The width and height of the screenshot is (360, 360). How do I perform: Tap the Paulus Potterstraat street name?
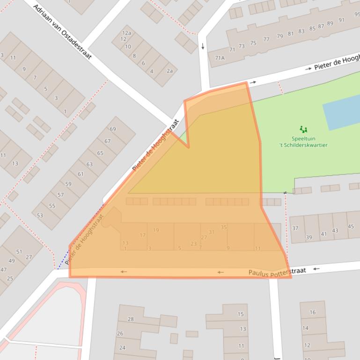point(277,272)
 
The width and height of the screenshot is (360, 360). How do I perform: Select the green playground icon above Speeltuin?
point(303,130)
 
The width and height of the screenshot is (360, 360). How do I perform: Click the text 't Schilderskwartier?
point(303,145)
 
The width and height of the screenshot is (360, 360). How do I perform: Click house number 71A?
point(220,58)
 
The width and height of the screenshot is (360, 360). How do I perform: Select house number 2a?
point(169,71)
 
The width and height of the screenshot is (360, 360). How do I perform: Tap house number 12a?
point(126,33)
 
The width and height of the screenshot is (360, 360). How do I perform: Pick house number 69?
point(113,129)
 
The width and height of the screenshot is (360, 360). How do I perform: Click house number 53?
point(40,216)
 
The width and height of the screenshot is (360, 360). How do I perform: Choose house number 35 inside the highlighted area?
point(224,227)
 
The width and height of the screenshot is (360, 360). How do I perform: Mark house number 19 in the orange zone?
point(156,230)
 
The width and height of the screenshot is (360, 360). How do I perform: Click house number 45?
point(351,227)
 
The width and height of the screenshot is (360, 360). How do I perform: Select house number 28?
point(131,319)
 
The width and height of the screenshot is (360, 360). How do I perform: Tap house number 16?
point(312,312)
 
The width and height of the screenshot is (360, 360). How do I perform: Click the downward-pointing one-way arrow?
point(203,46)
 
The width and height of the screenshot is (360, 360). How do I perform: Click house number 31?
point(211,232)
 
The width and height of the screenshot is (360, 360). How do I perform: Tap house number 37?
point(295,228)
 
